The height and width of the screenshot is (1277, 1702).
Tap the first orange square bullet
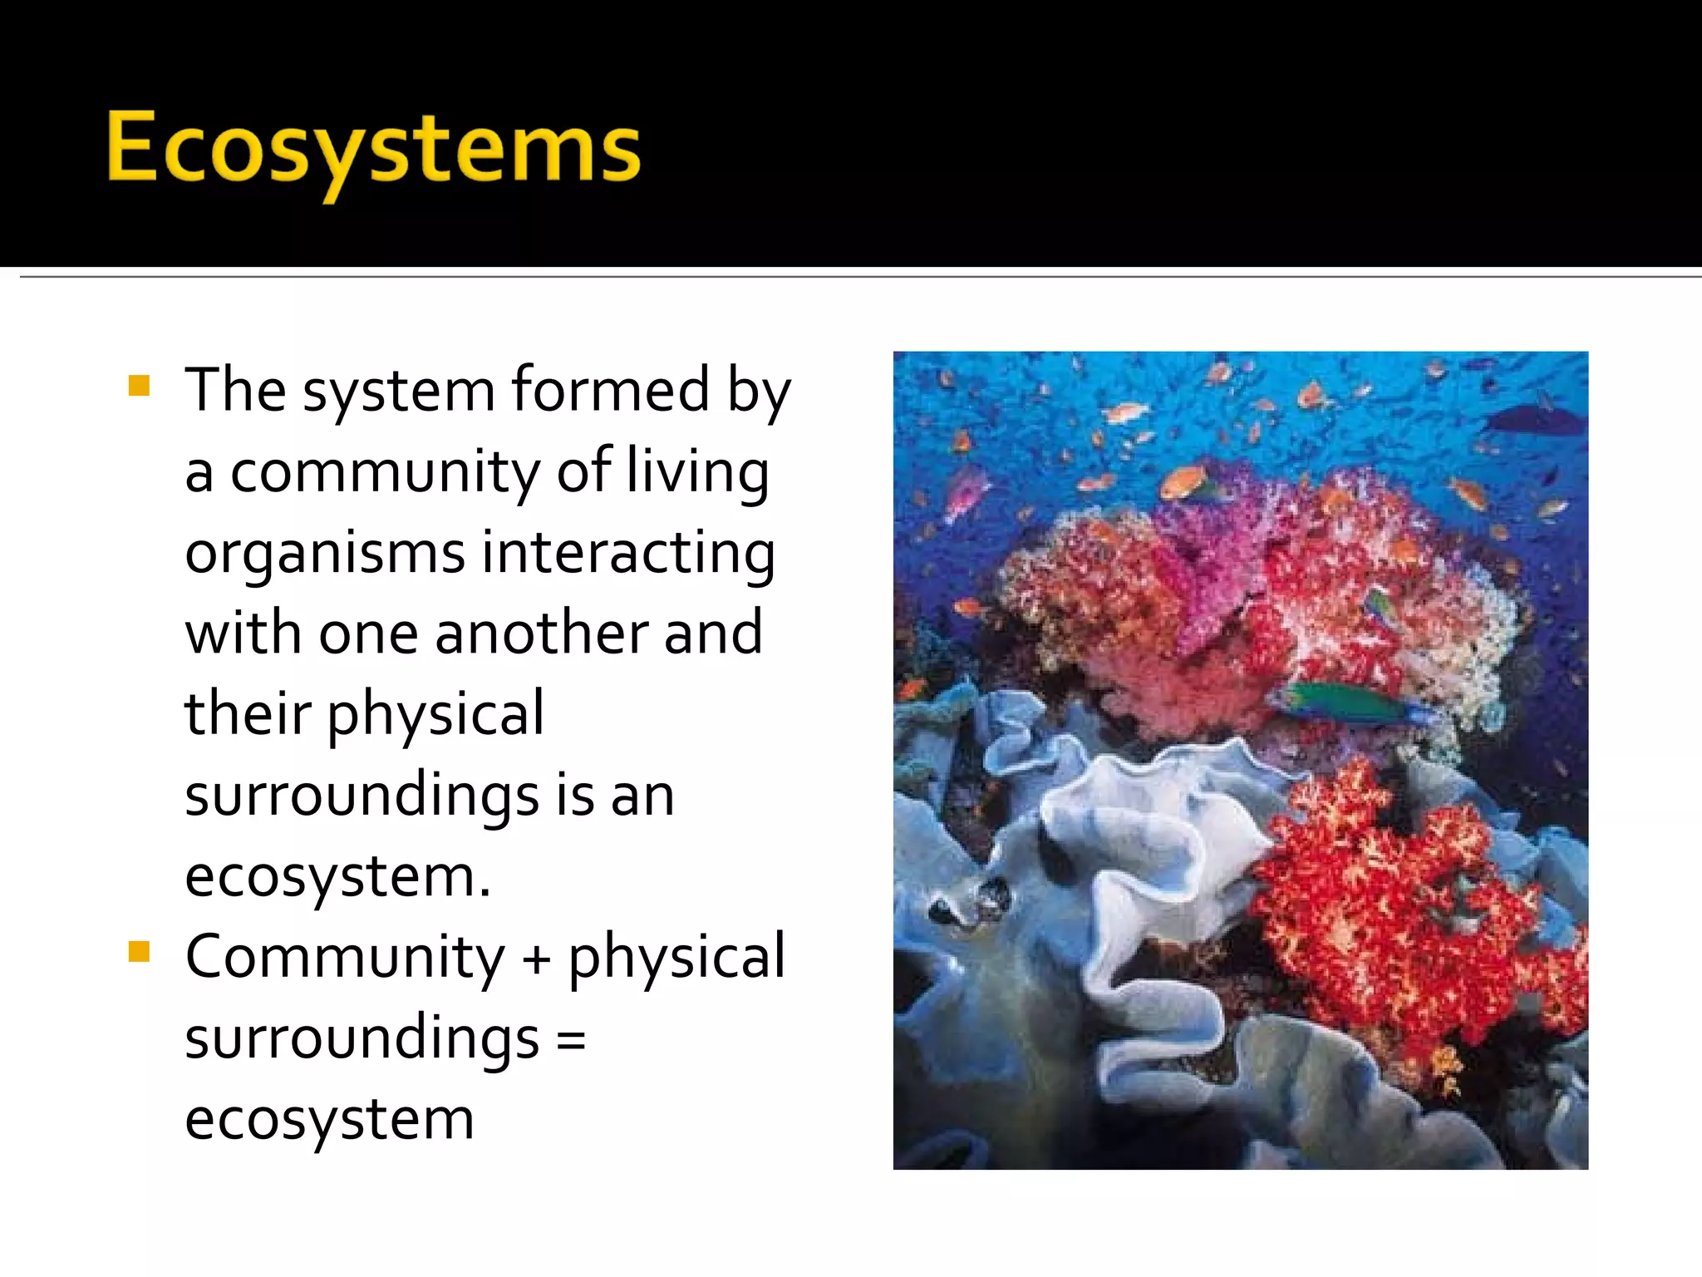tap(140, 386)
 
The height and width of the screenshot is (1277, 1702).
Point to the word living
tap(696, 471)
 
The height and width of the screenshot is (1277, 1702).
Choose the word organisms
tap(324, 553)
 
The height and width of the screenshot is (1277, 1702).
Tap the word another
tap(541, 633)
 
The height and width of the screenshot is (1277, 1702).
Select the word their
tap(248, 713)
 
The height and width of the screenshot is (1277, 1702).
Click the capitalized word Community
tap(344, 957)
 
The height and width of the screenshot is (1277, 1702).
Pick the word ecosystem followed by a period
tap(337, 876)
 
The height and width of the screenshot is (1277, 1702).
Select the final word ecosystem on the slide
tap(329, 1119)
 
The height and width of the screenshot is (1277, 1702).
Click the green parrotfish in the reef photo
tap(1350, 703)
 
